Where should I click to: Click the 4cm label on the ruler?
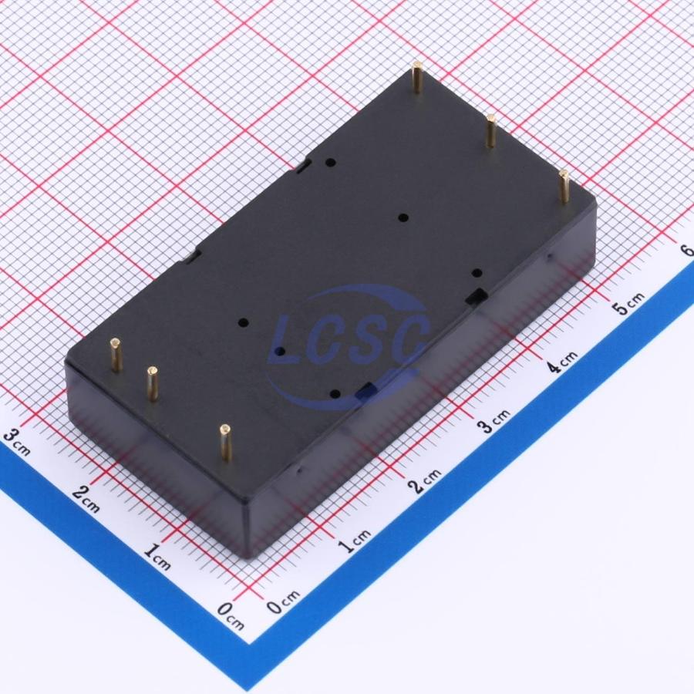click(561, 362)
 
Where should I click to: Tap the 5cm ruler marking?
click(628, 304)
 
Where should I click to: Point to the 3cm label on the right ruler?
click(494, 421)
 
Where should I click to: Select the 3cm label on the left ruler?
click(17, 442)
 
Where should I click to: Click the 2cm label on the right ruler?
click(426, 480)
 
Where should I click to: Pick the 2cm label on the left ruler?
click(86, 499)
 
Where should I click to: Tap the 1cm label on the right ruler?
click(355, 541)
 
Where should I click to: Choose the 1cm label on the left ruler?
click(157, 557)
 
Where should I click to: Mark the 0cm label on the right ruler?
click(283, 601)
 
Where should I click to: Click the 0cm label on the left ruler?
click(231, 616)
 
